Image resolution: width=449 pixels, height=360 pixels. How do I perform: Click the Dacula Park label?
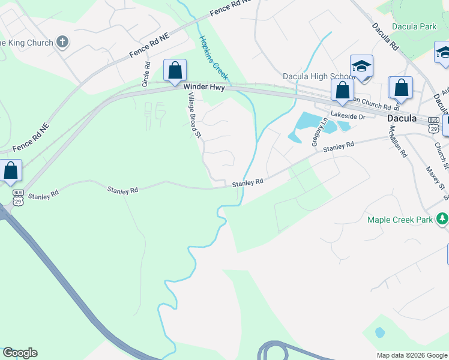point(414,27)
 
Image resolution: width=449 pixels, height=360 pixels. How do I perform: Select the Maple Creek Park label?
point(400,220)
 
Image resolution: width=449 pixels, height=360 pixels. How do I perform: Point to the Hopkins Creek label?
point(213,57)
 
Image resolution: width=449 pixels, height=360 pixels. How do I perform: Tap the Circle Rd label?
point(146,73)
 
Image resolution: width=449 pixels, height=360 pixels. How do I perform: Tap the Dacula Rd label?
point(385,36)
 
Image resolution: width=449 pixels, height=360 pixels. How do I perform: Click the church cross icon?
point(62,42)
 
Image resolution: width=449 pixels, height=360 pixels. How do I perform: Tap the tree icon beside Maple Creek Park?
point(443,220)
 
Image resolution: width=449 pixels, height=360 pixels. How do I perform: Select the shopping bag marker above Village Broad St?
point(175,70)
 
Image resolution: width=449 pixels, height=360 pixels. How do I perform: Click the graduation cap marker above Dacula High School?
point(362,65)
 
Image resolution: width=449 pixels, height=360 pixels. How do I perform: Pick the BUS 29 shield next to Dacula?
point(433,124)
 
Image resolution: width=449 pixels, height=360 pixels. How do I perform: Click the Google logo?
point(20,353)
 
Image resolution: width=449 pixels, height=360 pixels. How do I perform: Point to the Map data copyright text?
point(412,355)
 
